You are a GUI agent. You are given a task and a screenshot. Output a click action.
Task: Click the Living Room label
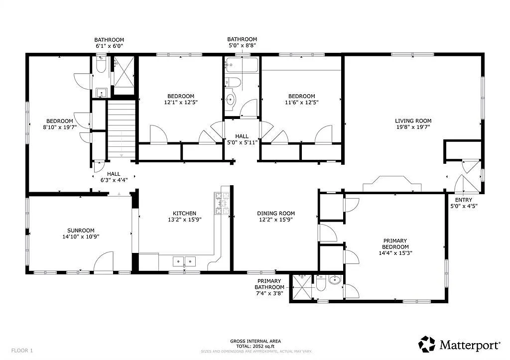(413, 120)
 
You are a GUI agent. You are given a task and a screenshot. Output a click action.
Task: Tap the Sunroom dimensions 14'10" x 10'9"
(81, 237)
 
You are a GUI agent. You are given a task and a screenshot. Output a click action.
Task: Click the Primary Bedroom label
(395, 243)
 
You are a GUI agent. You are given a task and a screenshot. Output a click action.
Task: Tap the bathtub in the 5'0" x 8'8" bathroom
(242, 65)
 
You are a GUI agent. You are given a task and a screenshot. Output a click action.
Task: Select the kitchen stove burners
(222, 204)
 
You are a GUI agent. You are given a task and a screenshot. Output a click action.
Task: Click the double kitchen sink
(184, 261)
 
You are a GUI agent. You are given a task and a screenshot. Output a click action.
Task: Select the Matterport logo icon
(427, 344)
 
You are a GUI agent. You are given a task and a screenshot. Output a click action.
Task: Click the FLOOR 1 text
(22, 351)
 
